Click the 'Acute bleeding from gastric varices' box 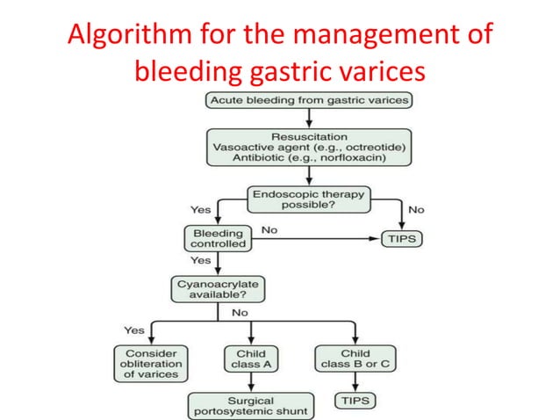[x=310, y=100]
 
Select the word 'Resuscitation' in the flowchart [x=310, y=137]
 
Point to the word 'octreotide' [x=368, y=148]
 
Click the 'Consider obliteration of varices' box [x=149, y=363]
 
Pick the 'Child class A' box [x=251, y=358]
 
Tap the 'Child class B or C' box [x=355, y=358]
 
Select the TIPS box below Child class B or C [x=355, y=400]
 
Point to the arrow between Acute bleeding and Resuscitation [x=310, y=118]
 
